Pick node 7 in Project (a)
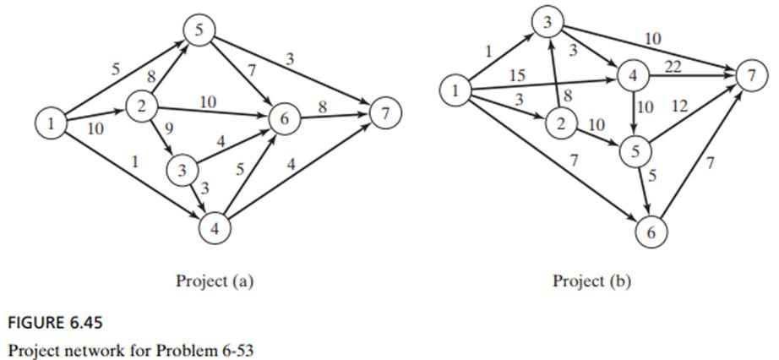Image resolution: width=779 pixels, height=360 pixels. tap(385, 114)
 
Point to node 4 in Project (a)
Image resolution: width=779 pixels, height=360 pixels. tap(213, 226)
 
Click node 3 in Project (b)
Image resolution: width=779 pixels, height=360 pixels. tap(548, 23)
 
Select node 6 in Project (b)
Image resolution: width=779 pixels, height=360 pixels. tap(651, 232)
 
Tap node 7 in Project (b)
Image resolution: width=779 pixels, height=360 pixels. tap(748, 77)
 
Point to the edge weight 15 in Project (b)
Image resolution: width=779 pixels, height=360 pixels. tap(518, 76)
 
